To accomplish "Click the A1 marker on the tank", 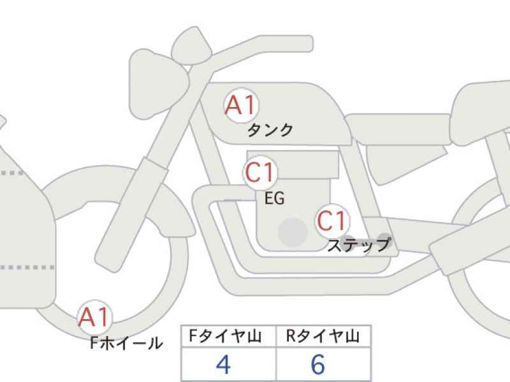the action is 241,105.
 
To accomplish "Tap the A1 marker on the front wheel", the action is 94,316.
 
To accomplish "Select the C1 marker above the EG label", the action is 260,172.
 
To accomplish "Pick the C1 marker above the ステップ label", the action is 332,220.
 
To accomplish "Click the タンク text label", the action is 270,131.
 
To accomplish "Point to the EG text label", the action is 275,198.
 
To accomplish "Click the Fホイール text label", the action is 126,343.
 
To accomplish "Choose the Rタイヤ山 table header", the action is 323,336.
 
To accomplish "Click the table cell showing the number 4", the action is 228,364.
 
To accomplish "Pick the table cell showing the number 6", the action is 323,364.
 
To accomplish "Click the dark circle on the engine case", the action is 293,232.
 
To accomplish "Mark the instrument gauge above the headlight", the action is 192,46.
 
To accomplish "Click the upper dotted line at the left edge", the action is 12,173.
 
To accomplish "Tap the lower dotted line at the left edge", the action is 27,267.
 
